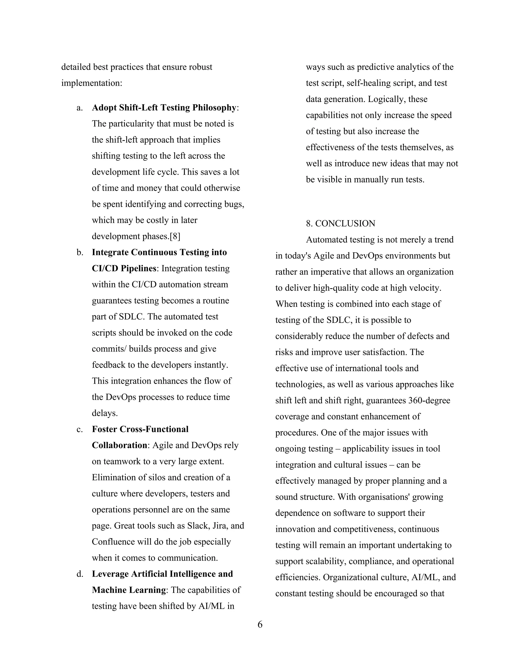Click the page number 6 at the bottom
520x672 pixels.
pos(260,624)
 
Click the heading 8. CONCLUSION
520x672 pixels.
pos(340,223)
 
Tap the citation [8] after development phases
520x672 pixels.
pos(175,236)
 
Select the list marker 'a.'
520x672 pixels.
pos(80,108)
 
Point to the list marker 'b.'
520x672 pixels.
pos(80,252)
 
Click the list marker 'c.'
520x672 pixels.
pos(80,429)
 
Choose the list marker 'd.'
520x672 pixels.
pos(80,574)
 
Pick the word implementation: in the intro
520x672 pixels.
pos(92,83)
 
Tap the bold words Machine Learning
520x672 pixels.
pos(129,590)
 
